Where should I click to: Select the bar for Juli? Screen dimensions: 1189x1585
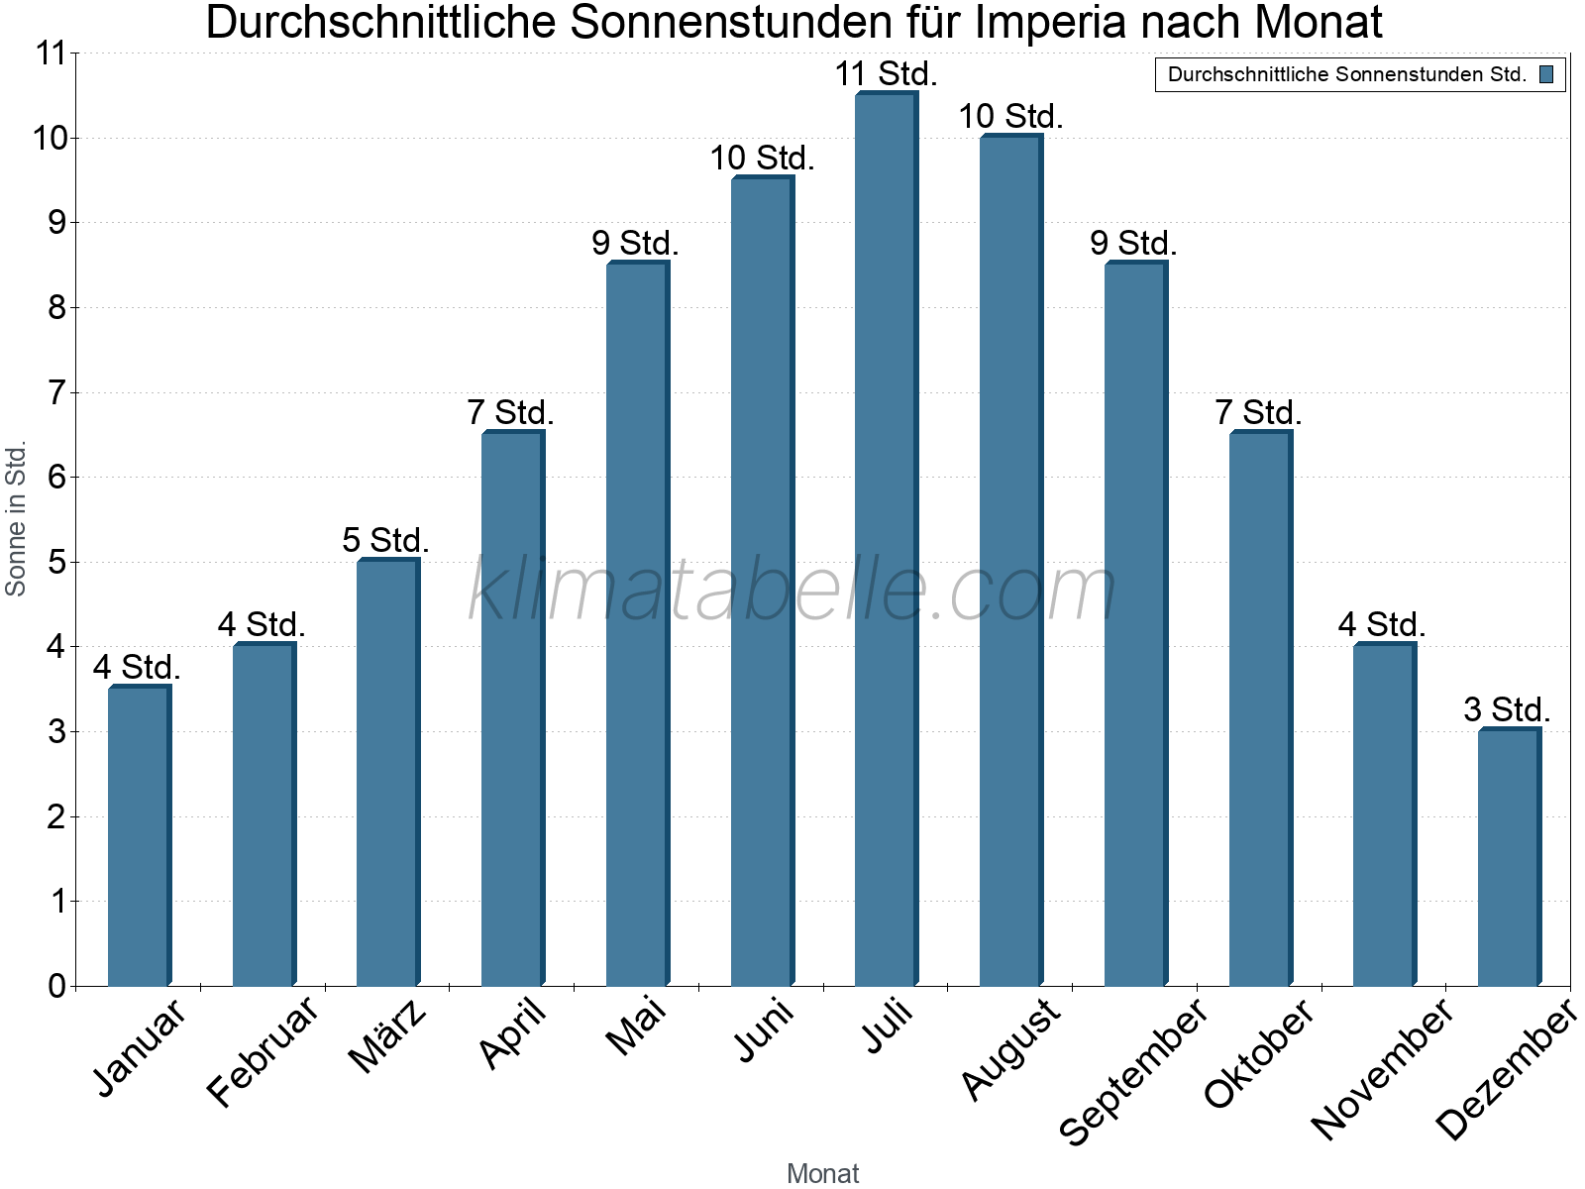[x=886, y=540]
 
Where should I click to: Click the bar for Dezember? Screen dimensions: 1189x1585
[x=1508, y=858]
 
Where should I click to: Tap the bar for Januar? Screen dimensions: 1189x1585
[x=139, y=836]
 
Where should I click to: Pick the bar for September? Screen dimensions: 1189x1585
[x=1134, y=624]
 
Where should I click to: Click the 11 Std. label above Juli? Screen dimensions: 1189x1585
[x=886, y=74]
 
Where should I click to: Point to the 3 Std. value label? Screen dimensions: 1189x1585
[x=1507, y=709]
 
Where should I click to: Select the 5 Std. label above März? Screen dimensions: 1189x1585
[x=386, y=540]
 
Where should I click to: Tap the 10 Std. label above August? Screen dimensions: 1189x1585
[x=1010, y=117]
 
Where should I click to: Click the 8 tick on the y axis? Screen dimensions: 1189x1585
[x=56, y=308]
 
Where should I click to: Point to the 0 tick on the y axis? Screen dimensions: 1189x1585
[x=56, y=986]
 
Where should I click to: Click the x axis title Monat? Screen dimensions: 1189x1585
[x=822, y=1173]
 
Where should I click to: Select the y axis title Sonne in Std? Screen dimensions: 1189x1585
[x=16, y=519]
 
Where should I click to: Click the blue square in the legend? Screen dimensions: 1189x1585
[x=1546, y=74]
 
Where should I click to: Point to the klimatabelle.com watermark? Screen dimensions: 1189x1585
[x=792, y=591]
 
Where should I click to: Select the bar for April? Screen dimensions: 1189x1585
[x=512, y=709]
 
